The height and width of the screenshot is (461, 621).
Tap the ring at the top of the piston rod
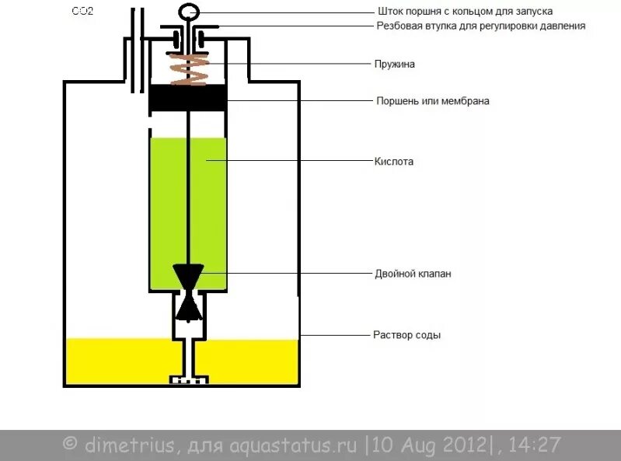coord(189,11)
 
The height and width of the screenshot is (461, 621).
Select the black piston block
coord(187,99)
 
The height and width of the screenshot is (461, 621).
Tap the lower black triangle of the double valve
coord(188,306)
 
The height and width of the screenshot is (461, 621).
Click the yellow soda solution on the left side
coord(117,361)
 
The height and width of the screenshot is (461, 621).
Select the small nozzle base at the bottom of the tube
coord(189,380)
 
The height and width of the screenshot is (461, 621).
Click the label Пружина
coord(396,65)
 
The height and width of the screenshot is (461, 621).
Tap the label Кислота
coord(394,162)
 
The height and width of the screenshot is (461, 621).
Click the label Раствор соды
coord(407,336)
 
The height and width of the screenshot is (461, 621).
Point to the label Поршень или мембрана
coord(432,101)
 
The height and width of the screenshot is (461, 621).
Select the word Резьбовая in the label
coord(400,26)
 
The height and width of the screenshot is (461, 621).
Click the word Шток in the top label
coord(388,12)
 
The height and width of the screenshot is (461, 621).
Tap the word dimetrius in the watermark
coord(120,445)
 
